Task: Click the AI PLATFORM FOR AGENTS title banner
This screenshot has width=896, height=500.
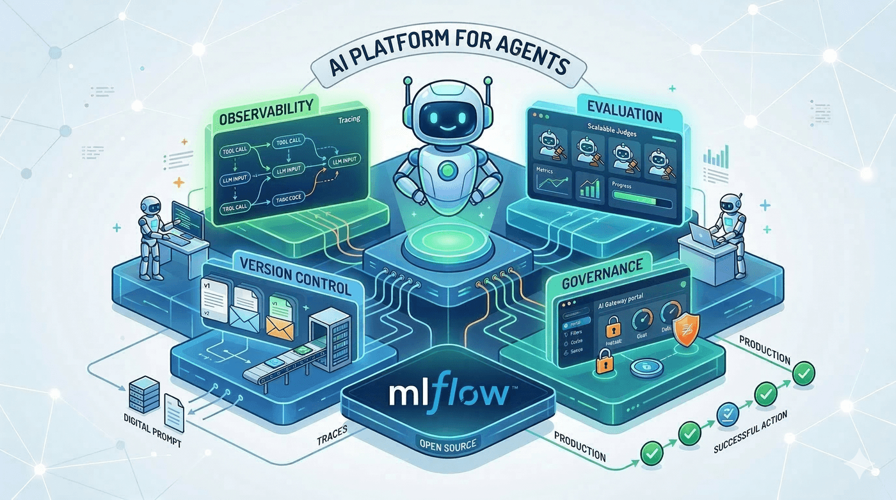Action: tap(448, 64)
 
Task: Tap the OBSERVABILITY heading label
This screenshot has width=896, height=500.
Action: tap(261, 110)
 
